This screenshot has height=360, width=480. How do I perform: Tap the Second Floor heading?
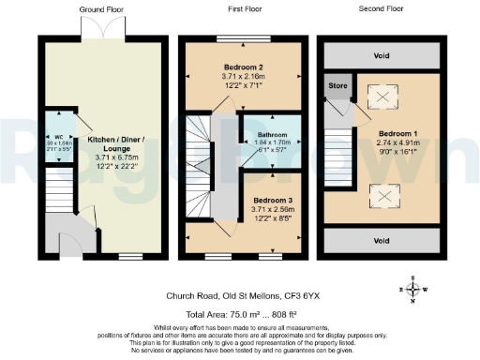(380, 7)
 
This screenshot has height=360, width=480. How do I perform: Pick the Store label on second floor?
(338, 85)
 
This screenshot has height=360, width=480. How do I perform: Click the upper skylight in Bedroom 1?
(381, 97)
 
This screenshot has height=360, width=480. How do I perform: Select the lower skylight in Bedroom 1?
(381, 196)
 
